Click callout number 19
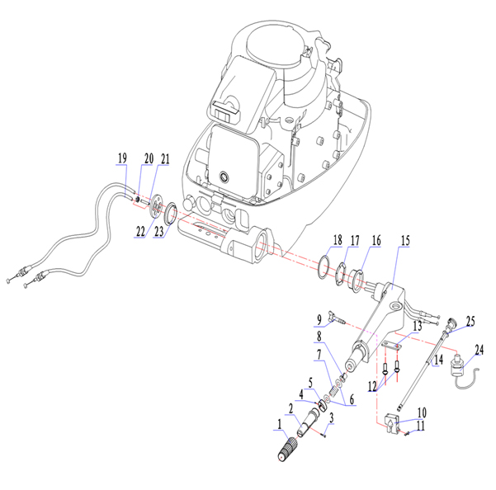click(122, 158)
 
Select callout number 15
click(404, 241)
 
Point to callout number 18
click(337, 240)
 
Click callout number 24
click(479, 349)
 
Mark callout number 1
click(279, 426)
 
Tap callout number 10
click(422, 411)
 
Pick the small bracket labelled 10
click(395, 423)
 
